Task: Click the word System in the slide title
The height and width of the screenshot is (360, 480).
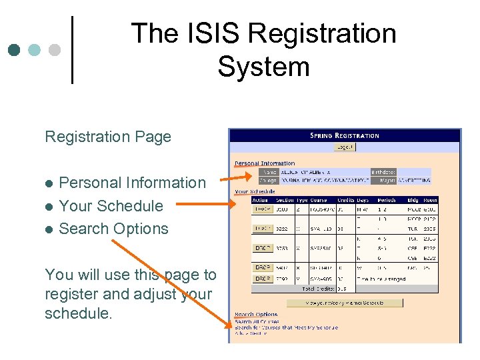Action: click(263, 67)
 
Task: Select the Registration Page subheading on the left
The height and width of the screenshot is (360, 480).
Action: click(108, 137)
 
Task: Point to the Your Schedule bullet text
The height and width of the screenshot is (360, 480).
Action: click(111, 205)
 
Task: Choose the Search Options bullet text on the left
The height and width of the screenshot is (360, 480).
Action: click(113, 228)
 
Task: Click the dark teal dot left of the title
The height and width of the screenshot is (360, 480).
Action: click(14, 50)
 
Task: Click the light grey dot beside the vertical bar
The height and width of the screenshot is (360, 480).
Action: click(55, 50)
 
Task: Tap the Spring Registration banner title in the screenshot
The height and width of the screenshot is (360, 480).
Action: click(345, 135)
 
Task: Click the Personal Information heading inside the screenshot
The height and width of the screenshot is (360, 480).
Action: click(265, 163)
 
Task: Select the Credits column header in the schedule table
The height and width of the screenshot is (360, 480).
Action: click(346, 200)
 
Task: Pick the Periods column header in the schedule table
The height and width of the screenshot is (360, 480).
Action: click(387, 200)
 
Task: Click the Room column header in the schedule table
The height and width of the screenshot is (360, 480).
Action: click(430, 200)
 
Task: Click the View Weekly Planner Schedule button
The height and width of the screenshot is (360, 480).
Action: click(345, 303)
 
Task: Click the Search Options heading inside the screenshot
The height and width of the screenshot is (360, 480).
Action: click(256, 315)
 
